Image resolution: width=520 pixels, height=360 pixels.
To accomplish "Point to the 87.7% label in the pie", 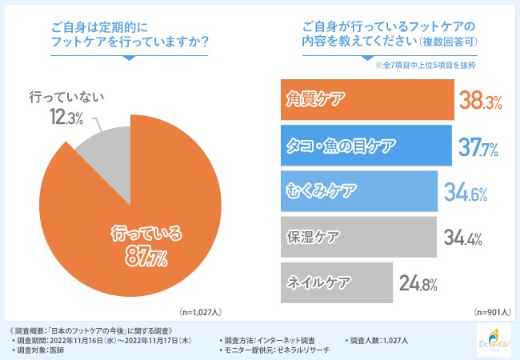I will (x=146, y=257).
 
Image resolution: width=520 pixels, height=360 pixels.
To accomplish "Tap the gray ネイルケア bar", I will (x=336, y=282).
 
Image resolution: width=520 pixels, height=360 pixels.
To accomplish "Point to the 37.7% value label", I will (x=478, y=146).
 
